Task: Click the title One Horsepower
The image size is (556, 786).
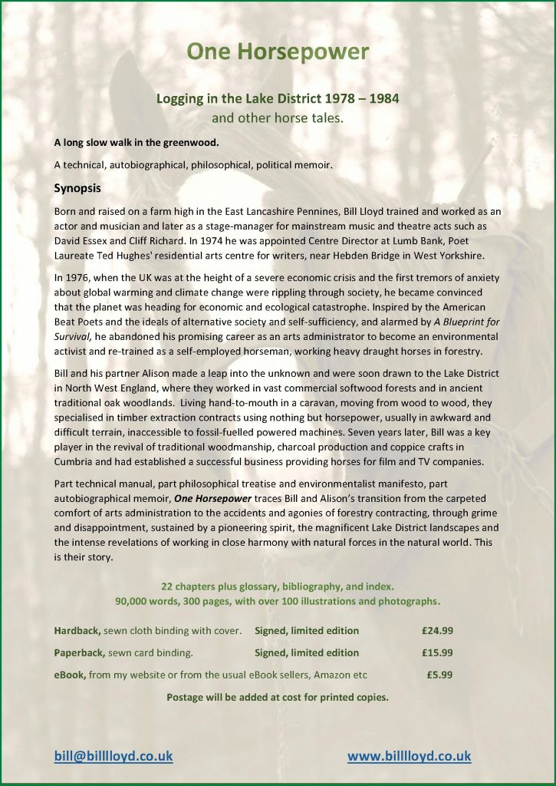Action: coord(278,52)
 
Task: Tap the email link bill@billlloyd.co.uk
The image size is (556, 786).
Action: coord(114,756)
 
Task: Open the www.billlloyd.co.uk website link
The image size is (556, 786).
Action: coord(409,756)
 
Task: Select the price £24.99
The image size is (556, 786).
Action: coord(437,631)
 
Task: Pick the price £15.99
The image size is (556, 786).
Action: coord(437,653)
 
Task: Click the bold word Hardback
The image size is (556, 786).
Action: coord(77,631)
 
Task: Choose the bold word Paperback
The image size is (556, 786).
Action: coord(79,653)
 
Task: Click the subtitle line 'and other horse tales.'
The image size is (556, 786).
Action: coord(278,118)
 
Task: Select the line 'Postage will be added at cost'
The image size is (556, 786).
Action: coord(278,698)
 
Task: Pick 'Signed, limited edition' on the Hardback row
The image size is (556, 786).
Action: coord(307,631)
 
